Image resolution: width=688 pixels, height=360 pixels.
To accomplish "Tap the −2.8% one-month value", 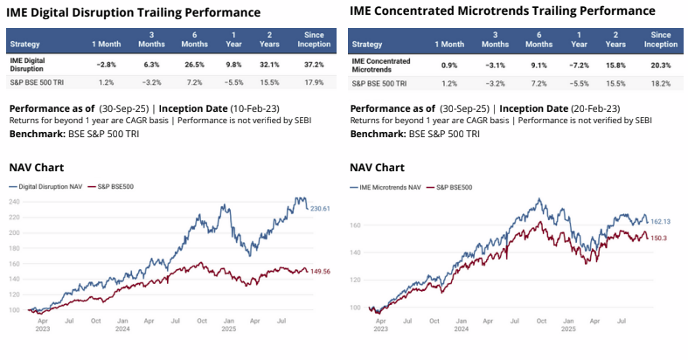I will [x=107, y=64].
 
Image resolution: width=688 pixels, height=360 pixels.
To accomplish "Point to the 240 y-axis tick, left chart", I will [x=15, y=202].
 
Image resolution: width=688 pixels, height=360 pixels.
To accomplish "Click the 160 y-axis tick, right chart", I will [x=356, y=225].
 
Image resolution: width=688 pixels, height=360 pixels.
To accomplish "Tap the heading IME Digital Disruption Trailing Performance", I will [x=134, y=12].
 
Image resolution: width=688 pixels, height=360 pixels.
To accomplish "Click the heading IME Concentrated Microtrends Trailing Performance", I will [x=502, y=11].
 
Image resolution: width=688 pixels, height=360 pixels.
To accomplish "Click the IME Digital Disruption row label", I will [x=34, y=64].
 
